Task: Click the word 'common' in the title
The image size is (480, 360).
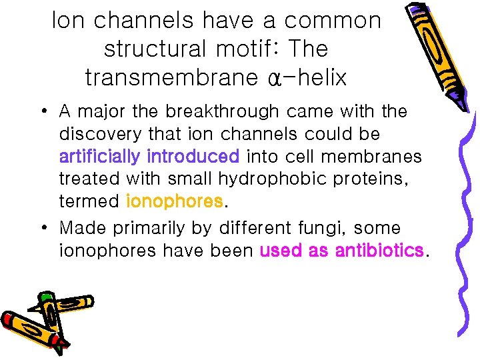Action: coord(333,21)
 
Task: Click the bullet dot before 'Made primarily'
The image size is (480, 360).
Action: coord(43,228)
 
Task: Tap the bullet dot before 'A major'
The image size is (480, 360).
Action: coord(43,110)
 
